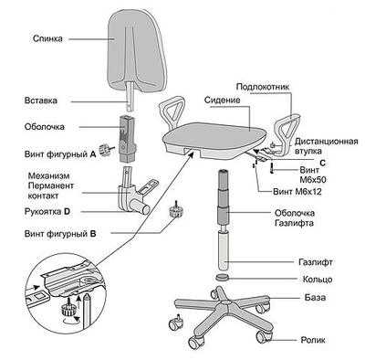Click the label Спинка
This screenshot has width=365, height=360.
point(47,38)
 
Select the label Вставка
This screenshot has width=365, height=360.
point(40,101)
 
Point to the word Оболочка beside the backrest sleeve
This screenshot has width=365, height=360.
point(45,126)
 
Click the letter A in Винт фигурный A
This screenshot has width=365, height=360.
point(93,154)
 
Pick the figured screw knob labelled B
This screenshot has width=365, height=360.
point(176,210)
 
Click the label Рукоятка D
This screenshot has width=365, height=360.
point(47,212)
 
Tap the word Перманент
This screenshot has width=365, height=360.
point(51,185)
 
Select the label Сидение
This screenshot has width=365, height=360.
point(223,100)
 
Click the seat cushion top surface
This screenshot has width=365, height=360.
point(214,134)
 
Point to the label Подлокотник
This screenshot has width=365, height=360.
point(263,87)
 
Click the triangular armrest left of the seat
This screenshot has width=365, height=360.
point(172,112)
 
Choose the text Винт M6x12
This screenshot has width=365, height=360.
point(297,192)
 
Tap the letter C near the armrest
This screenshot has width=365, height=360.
point(323,164)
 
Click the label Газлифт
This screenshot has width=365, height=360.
point(316,262)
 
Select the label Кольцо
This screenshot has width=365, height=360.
point(318,280)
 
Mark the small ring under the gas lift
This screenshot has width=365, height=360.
point(224,278)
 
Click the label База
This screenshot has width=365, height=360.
point(315,297)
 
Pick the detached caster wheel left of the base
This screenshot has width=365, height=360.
point(175,323)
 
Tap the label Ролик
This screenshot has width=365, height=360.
point(313,340)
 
